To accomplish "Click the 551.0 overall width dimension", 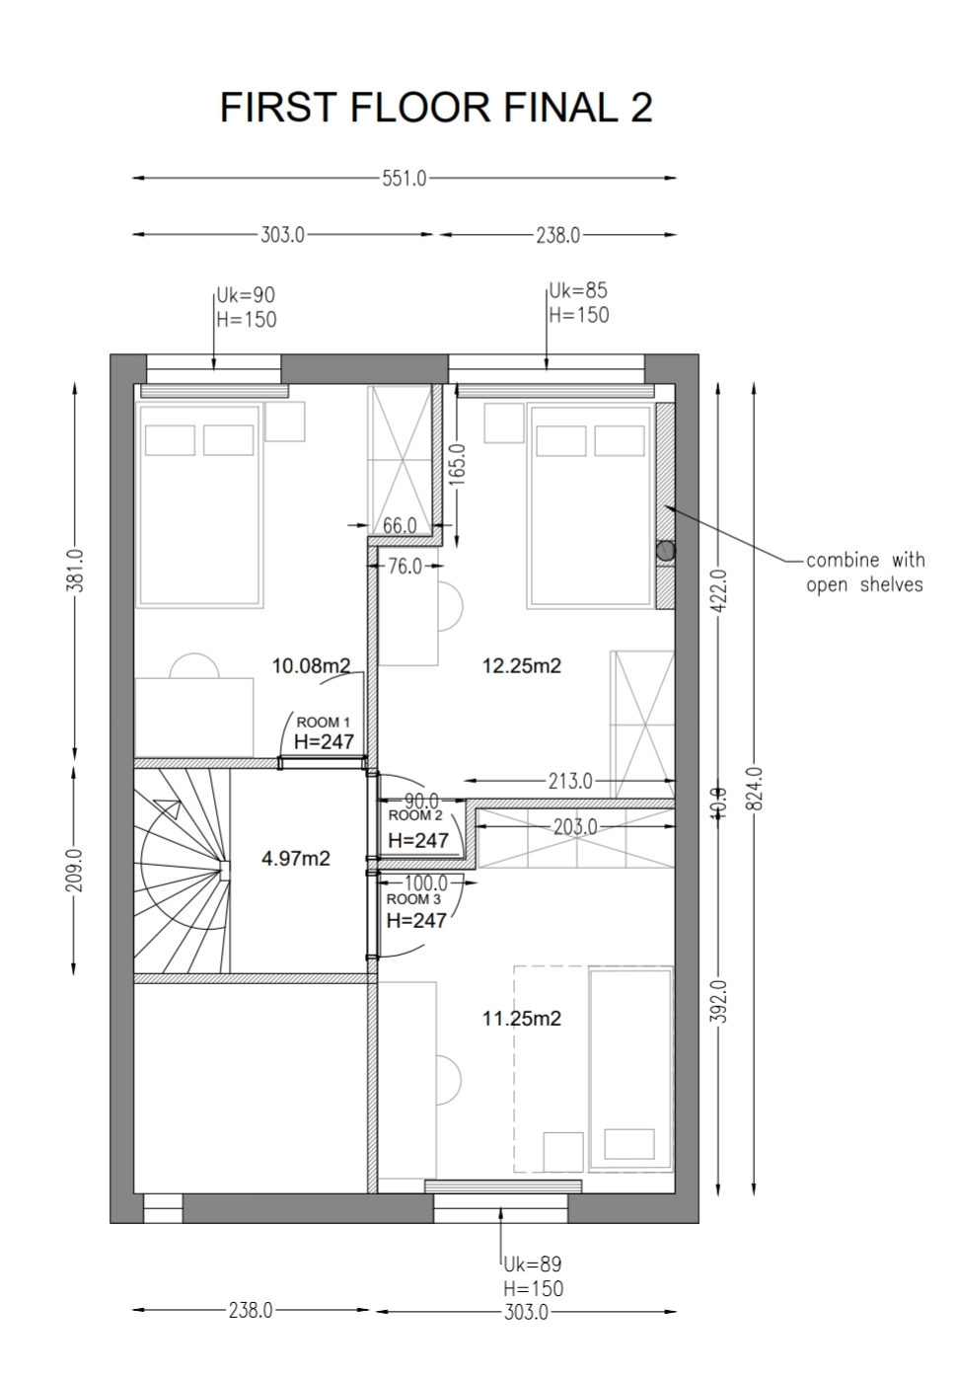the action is pos(404,179).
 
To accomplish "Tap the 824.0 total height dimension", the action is pos(757,788).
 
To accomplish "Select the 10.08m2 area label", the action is pos(312,665).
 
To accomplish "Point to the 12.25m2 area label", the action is pos(521,665).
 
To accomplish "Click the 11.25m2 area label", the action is pos(521,1019).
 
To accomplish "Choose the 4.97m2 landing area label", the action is pos(295,858).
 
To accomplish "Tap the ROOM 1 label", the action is pos(324,722).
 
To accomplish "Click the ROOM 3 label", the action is pos(413,899).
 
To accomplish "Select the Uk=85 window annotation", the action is pos(578,290).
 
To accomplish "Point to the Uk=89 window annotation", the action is pos(533,1265).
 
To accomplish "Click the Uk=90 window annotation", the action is pos(246,295).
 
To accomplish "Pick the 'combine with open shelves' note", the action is pos(865,572).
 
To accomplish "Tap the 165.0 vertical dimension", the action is pos(461,465).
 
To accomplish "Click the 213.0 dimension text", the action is pos(570,781).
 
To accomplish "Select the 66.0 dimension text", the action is pos(400,525).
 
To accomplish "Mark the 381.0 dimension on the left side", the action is pos(75,570).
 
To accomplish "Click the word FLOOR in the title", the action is pos(421,107).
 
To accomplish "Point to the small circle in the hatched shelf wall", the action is pos(665,550).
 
